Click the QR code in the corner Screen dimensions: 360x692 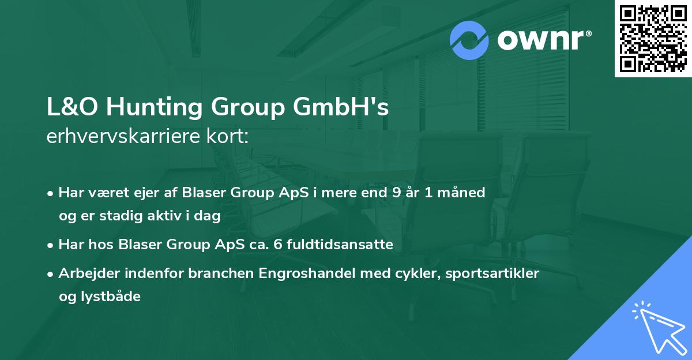[653, 39]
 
